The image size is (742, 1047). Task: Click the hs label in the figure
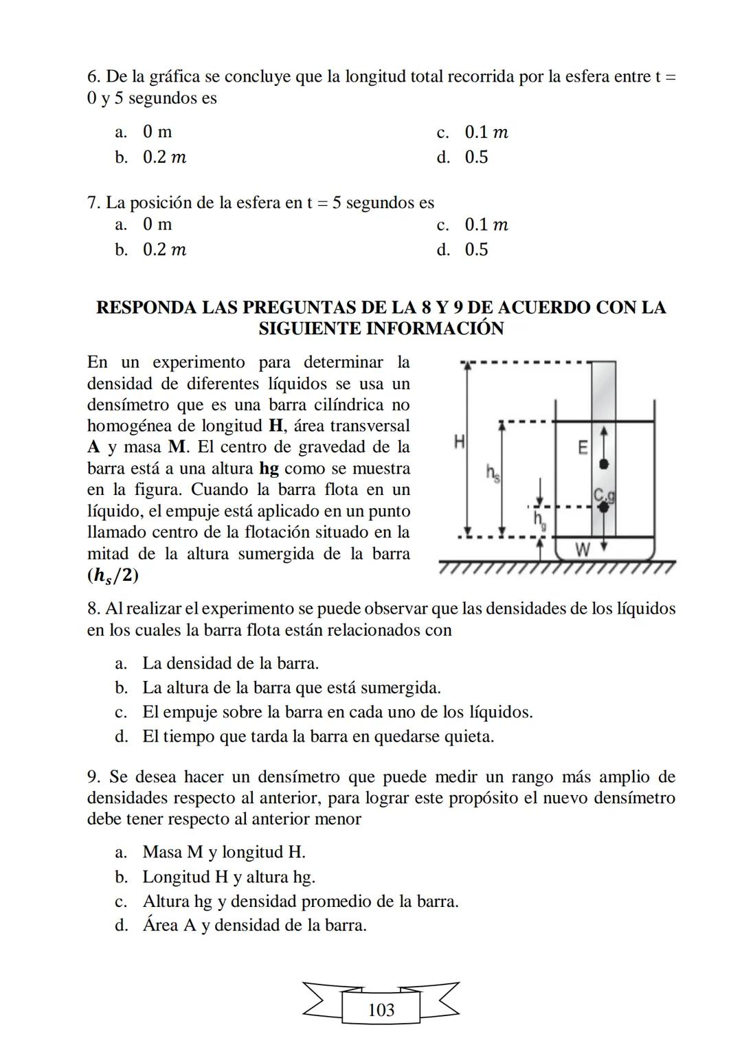pyautogui.click(x=493, y=472)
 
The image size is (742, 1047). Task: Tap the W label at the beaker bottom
pyautogui.click(x=583, y=549)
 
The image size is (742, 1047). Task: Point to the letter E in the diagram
pyautogui.click(x=583, y=448)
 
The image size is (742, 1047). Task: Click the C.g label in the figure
pyautogui.click(x=603, y=495)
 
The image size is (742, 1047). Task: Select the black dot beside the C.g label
pyautogui.click(x=604, y=507)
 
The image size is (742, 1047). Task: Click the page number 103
pyautogui.click(x=381, y=1010)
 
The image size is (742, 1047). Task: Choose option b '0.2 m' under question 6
pyautogui.click(x=164, y=157)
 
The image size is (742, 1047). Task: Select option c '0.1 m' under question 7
pyautogui.click(x=486, y=225)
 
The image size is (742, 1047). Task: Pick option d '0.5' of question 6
pyautogui.click(x=475, y=157)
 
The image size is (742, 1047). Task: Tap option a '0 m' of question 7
pyautogui.click(x=157, y=225)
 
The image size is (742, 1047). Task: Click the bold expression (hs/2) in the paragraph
pyautogui.click(x=113, y=576)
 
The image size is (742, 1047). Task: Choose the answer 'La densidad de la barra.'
pyautogui.click(x=230, y=663)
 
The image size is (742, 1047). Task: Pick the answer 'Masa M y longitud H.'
pyautogui.click(x=223, y=852)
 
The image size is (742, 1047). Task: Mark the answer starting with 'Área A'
pyautogui.click(x=254, y=925)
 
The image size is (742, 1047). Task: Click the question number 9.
pyautogui.click(x=95, y=777)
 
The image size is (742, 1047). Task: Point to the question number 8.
pyautogui.click(x=95, y=609)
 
